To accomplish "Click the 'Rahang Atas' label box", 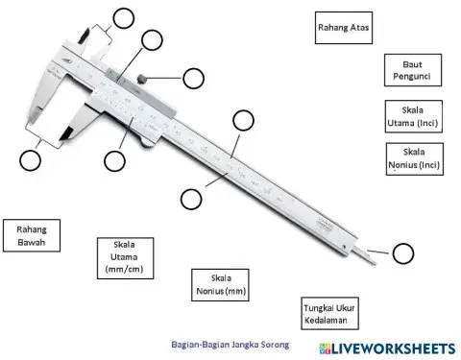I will pyautogui.click(x=343, y=28).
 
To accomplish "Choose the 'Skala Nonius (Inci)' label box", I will pyautogui.click(x=414, y=158).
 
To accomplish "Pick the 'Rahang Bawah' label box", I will pyautogui.click(x=32, y=235).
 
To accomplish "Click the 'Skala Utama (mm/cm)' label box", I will pyautogui.click(x=126, y=257).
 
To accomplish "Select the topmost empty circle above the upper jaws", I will pyautogui.click(x=123, y=16).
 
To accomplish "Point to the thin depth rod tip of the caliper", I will pyautogui.click(x=369, y=256).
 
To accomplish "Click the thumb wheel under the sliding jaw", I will pyautogui.click(x=144, y=142).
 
